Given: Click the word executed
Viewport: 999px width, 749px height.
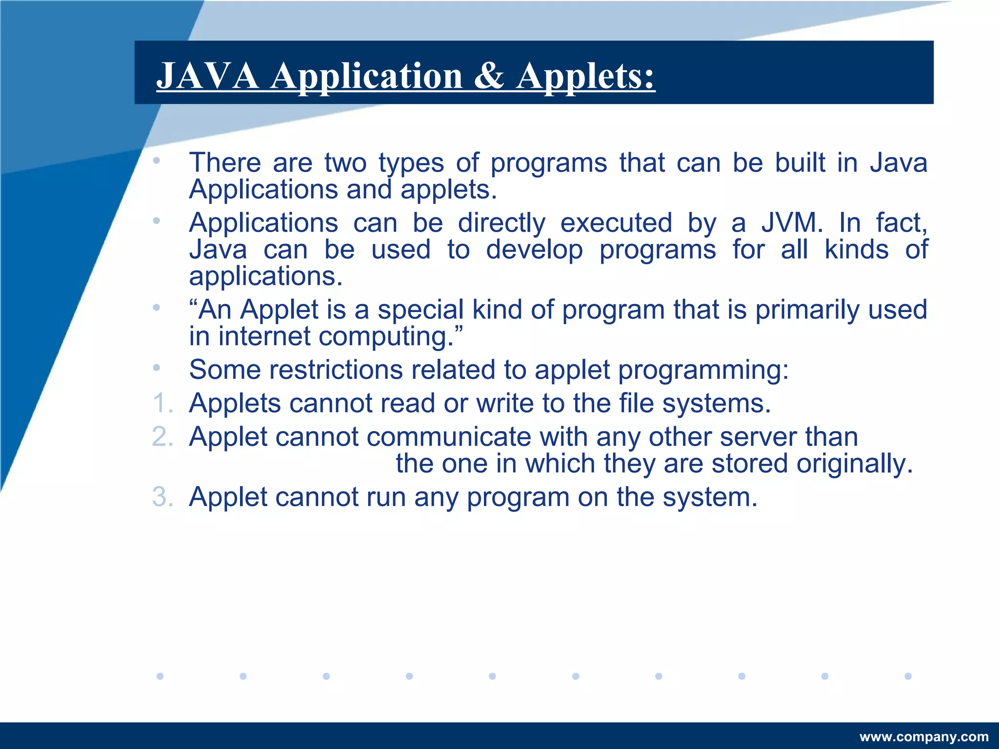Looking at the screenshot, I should pos(616,223).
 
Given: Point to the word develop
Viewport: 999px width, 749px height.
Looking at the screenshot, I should pos(534,250).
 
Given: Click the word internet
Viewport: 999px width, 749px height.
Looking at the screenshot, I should pos(264,336).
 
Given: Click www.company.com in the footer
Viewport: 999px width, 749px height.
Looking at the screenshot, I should pos(924,737).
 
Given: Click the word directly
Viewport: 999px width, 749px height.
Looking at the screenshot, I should pos(501,224).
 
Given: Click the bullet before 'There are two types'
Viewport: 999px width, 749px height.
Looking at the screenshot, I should pos(156,160).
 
